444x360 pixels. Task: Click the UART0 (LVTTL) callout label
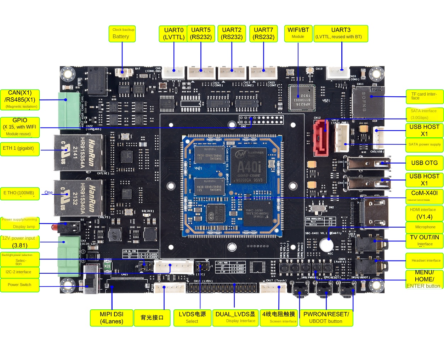174,34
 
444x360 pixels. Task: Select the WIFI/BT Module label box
298,34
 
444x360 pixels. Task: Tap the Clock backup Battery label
122,34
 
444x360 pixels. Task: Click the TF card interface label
425,96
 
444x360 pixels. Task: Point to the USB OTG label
424,163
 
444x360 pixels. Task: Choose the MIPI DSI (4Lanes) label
112,318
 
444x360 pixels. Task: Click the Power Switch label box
20,285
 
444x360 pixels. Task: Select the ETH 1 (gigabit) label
20,148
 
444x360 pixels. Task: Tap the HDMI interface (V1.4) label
424,213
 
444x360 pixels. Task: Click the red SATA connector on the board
320,137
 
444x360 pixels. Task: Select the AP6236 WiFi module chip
301,97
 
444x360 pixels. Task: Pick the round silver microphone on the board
326,245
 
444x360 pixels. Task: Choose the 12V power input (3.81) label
20,242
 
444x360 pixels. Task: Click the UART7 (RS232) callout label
264,34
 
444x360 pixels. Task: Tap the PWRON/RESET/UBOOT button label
326,318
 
